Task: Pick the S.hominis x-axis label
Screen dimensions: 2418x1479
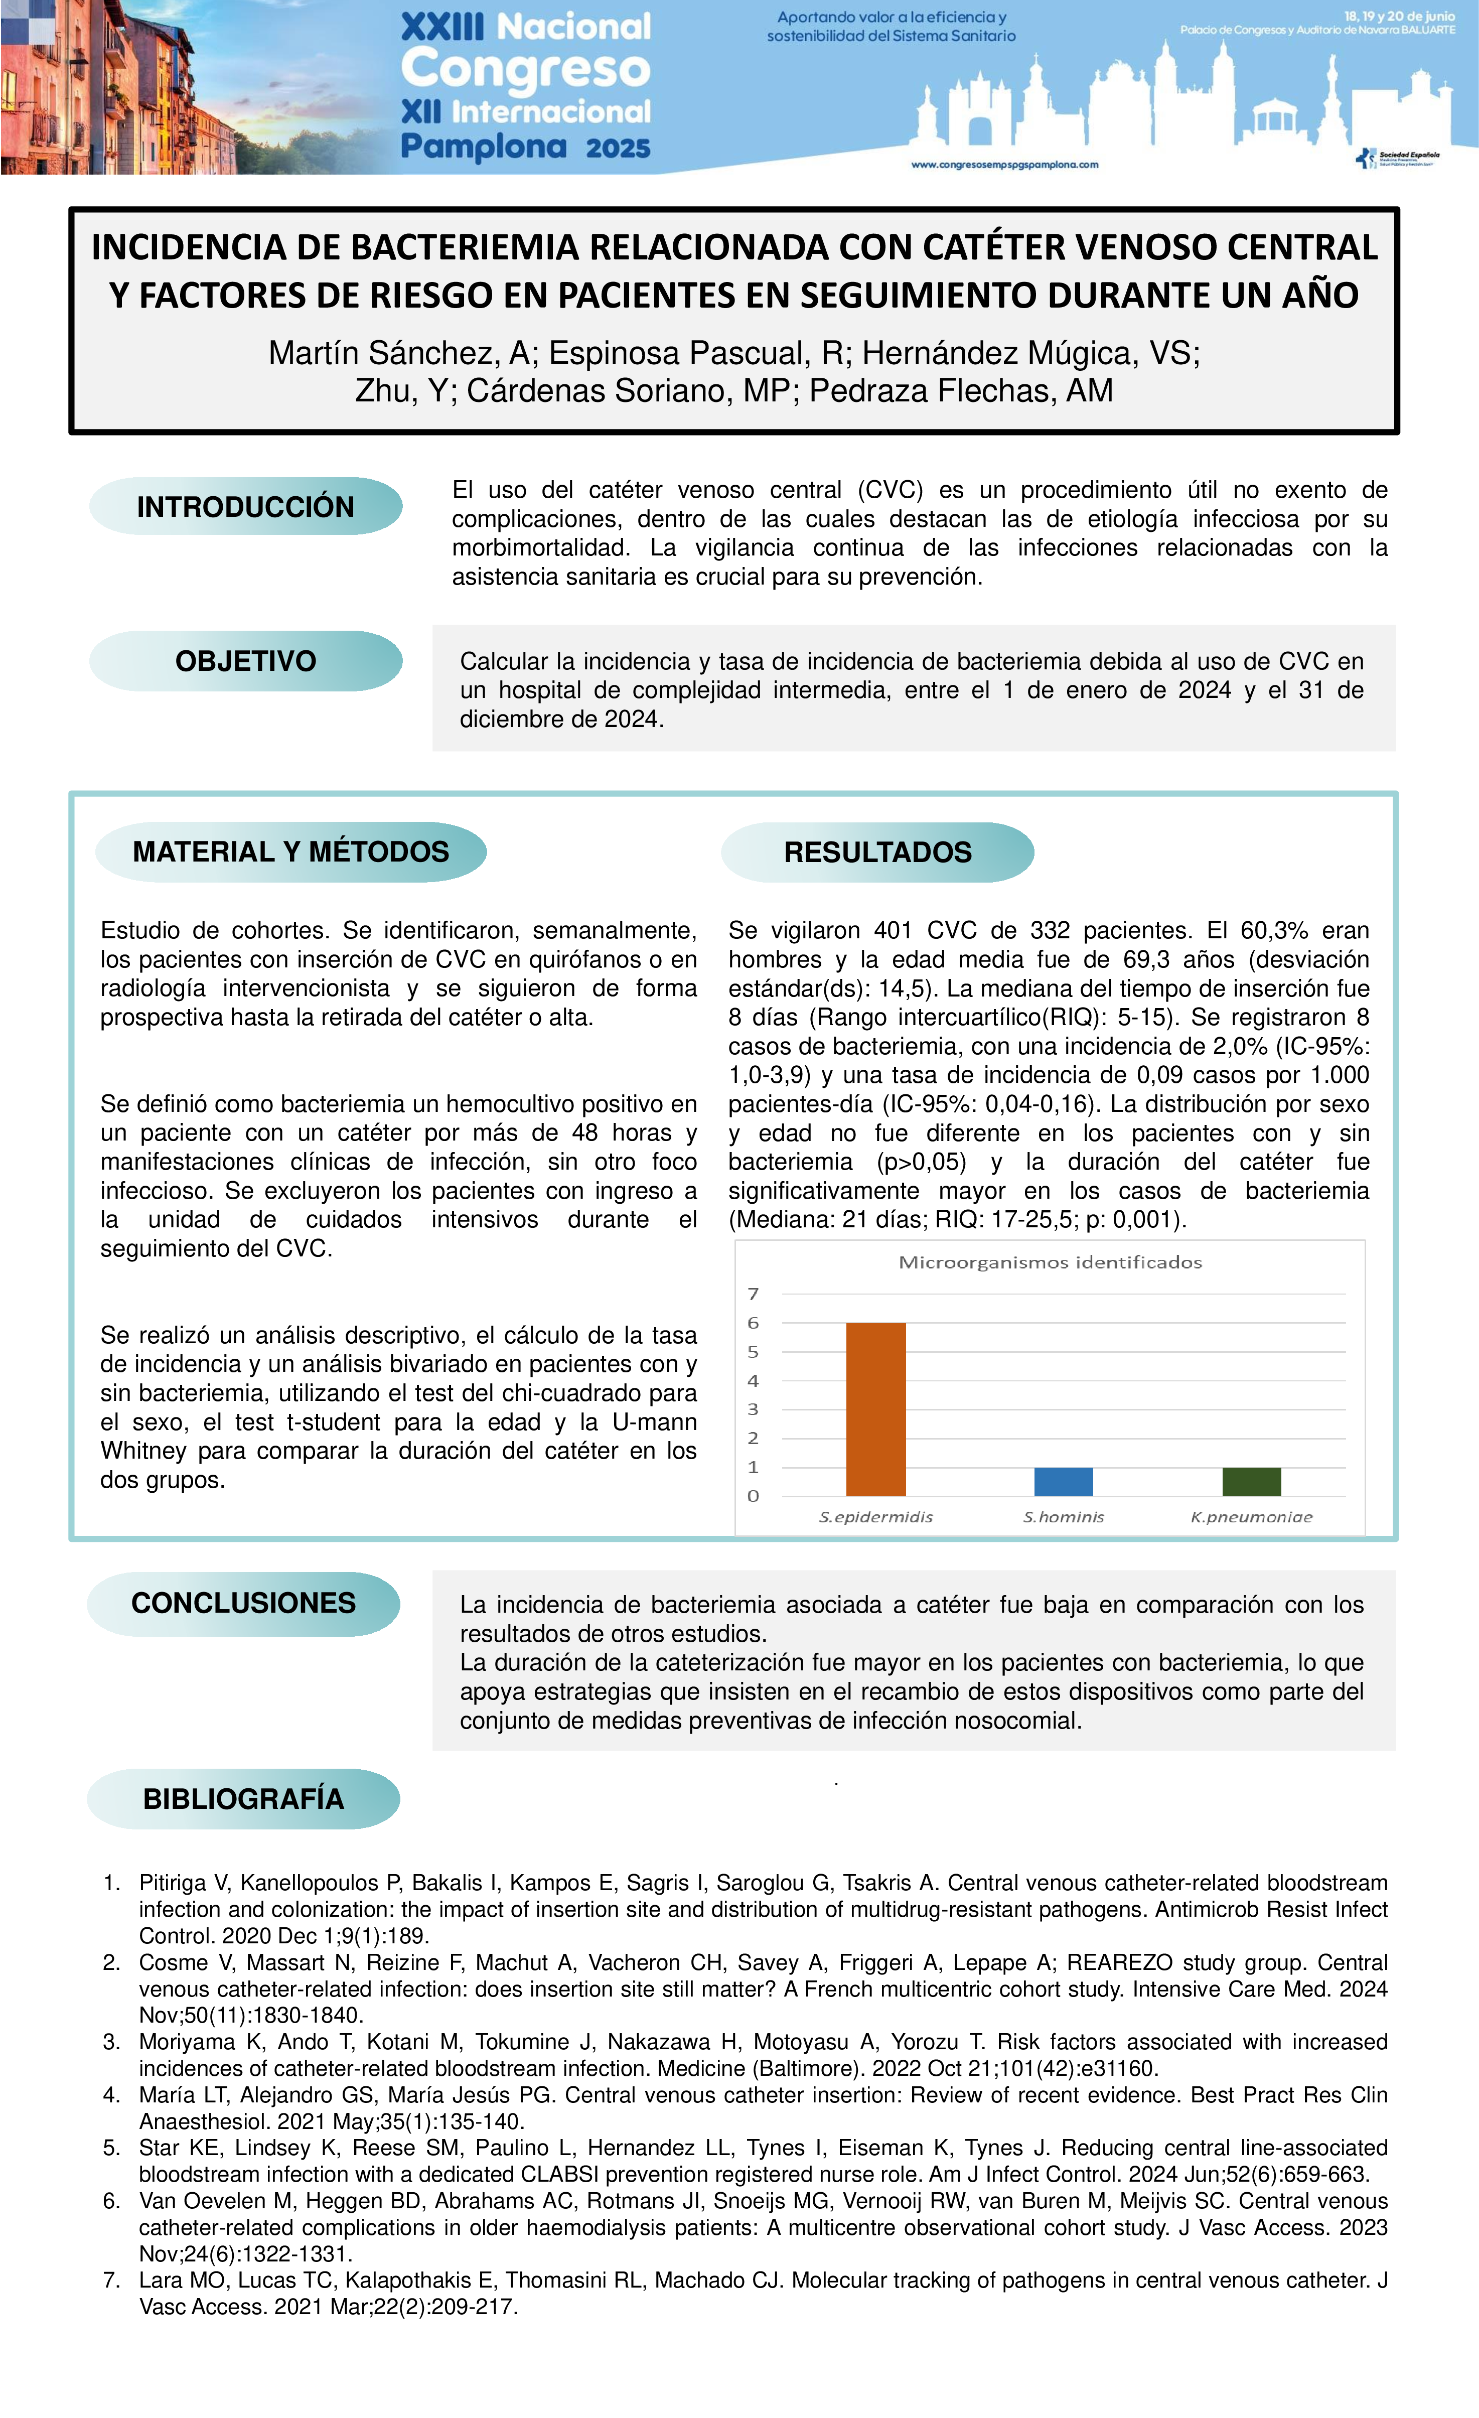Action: click(1063, 1517)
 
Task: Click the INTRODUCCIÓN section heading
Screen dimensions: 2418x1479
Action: click(245, 506)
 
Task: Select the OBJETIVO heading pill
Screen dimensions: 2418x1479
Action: click(245, 661)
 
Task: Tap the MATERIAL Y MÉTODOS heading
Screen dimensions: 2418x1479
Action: click(290, 852)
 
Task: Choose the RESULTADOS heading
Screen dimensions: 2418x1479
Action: click(877, 852)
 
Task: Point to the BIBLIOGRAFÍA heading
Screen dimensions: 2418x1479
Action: click(243, 1799)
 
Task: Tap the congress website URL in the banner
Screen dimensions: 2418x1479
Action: click(1004, 165)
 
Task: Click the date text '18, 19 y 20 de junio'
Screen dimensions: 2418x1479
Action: click(1399, 16)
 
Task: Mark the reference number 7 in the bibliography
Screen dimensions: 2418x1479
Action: click(111, 2280)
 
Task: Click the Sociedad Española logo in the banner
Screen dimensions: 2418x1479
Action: click(1399, 158)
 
